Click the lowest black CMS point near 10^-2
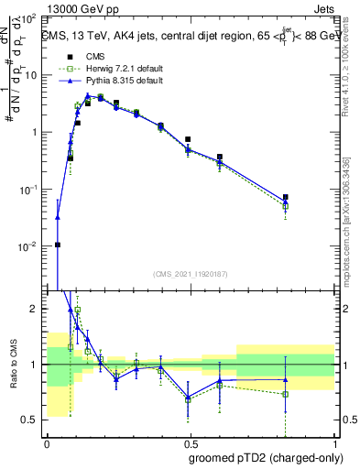[58, 245]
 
